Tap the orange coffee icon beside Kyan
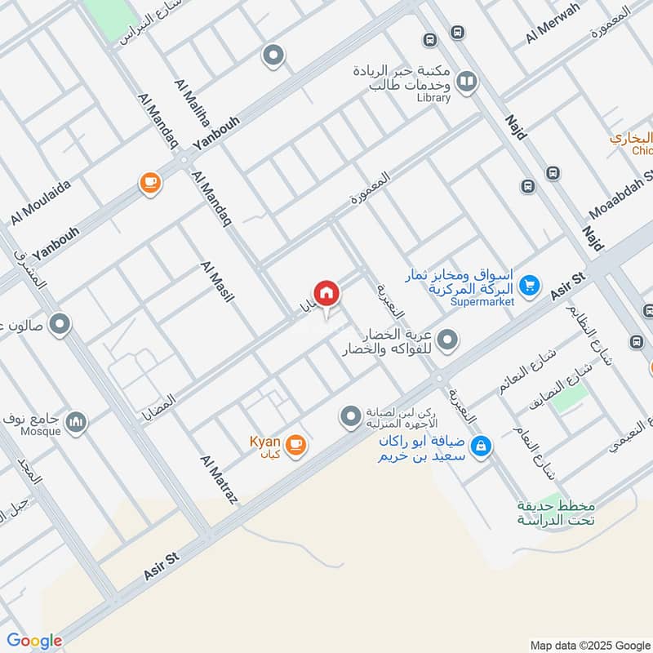[295, 445]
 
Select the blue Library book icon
[466, 82]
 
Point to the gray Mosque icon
[77, 421]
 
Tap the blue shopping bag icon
[482, 445]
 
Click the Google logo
[34, 641]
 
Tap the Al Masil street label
[217, 282]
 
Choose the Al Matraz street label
[218, 479]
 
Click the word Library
[433, 98]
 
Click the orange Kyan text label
[265, 442]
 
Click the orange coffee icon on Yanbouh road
[149, 183]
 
